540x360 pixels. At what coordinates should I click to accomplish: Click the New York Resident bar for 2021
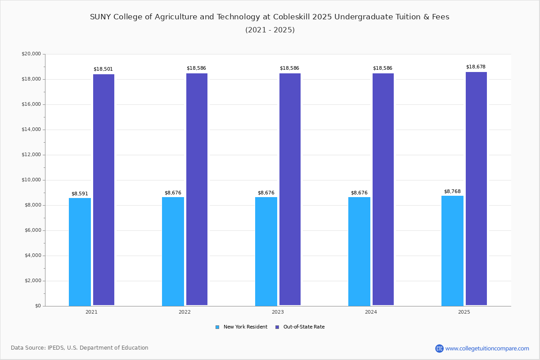pos(80,252)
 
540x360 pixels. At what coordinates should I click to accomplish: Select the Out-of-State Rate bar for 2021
pos(103,189)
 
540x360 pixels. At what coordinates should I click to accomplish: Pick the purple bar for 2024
pos(383,189)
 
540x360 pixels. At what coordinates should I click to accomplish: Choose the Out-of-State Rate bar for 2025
pos(476,189)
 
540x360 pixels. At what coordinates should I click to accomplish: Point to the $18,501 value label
pos(103,69)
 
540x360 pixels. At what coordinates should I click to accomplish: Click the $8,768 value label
pos(452,192)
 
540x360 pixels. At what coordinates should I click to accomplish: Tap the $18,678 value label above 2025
pos(476,67)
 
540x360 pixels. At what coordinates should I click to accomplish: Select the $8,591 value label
pos(80,194)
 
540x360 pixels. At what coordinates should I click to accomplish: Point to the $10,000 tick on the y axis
pos(31,180)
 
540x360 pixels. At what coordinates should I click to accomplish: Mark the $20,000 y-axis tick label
pos(31,54)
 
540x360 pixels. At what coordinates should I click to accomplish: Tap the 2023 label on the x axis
pos(278,312)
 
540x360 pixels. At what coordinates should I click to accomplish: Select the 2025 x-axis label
pos(464,312)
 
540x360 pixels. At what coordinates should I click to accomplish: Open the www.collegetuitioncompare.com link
pos(487,348)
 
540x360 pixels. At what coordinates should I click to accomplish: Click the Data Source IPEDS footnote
pos(80,348)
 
